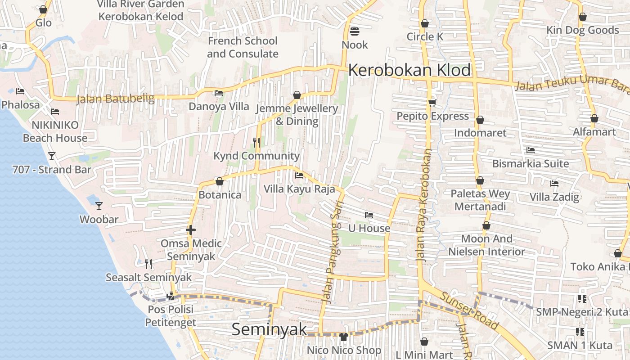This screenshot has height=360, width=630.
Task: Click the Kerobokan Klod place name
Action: pyautogui.click(x=409, y=70)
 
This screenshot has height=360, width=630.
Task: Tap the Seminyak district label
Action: pyautogui.click(x=269, y=329)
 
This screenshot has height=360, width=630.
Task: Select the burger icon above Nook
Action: pyautogui.click(x=355, y=31)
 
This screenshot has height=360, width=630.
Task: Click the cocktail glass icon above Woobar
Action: pyautogui.click(x=99, y=206)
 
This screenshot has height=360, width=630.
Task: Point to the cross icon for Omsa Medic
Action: pyautogui.click(x=191, y=230)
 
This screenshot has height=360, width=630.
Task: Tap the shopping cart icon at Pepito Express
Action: pyautogui.click(x=432, y=103)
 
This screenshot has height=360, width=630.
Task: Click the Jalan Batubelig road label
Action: pyautogui.click(x=115, y=99)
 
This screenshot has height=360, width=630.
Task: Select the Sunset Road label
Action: pyautogui.click(x=469, y=310)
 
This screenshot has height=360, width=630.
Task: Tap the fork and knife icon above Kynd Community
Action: pyautogui.click(x=256, y=143)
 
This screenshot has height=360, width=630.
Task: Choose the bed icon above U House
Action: pyautogui.click(x=369, y=215)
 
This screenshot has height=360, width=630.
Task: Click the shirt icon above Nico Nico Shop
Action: pyautogui.click(x=344, y=337)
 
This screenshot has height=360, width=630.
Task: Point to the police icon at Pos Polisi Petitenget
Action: pyautogui.click(x=171, y=296)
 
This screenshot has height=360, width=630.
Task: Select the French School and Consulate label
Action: pyautogui.click(x=243, y=47)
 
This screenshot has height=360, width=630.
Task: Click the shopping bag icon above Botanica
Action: pyautogui.click(x=220, y=181)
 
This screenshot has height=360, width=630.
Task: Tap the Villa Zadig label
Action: pyautogui.click(x=554, y=197)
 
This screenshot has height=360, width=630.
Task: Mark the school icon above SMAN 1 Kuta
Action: pyautogui.click(x=580, y=332)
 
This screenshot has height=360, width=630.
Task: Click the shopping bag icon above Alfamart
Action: pyautogui.click(x=594, y=119)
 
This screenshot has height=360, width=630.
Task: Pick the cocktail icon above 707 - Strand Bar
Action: pyautogui.click(x=52, y=156)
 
